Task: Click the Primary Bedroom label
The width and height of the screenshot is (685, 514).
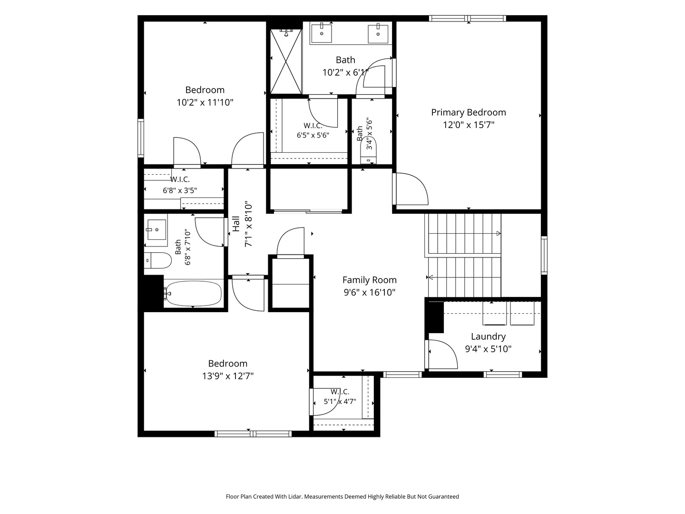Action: [469, 113]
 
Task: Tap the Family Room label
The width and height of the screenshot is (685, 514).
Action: [370, 280]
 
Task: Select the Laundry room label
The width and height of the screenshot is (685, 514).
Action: [488, 336]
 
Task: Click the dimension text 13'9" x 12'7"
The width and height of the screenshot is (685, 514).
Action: [228, 376]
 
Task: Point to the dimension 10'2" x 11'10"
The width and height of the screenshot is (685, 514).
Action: [205, 102]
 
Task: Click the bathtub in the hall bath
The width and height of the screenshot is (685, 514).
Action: [193, 293]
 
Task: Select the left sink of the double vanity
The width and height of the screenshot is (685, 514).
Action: [321, 33]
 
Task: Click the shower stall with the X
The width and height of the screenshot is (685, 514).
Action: [286, 61]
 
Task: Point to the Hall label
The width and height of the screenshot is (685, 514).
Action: [236, 224]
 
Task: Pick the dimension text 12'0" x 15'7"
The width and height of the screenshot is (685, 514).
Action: [469, 125]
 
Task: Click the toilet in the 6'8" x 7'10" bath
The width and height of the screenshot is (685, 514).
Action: [158, 260]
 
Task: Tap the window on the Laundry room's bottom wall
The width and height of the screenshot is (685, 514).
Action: [503, 375]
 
